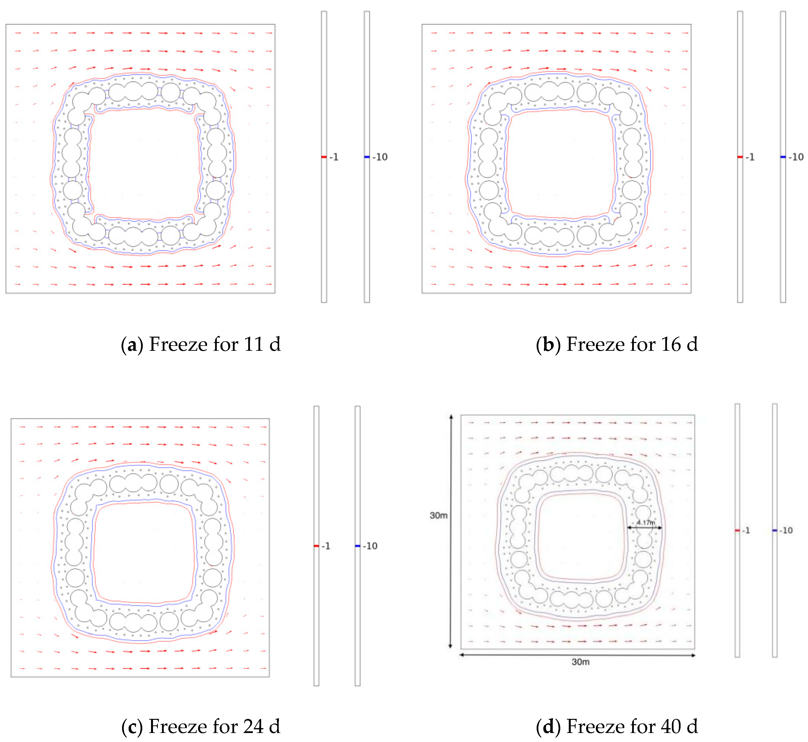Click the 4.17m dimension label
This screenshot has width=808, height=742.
tap(645, 522)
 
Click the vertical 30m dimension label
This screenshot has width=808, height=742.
tap(438, 515)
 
